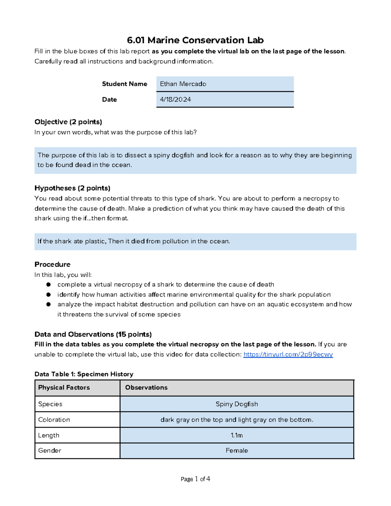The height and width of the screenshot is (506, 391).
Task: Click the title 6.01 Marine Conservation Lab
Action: [195, 40]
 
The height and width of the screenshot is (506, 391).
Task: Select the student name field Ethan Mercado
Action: [225, 84]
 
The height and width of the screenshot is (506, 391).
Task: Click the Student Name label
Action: [124, 84]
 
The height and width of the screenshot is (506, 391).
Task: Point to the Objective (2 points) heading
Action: [68, 122]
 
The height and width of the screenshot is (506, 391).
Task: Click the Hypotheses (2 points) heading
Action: [72, 188]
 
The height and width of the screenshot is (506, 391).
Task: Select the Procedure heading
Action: [52, 264]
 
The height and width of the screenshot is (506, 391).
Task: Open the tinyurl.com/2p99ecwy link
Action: [288, 354]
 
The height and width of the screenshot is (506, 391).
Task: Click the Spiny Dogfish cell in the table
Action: [237, 404]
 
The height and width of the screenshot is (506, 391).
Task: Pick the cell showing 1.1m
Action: [237, 435]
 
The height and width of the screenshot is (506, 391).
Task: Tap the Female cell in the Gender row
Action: [237, 451]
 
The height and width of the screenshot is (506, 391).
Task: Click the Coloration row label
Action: [54, 420]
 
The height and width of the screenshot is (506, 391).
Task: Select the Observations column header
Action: [146, 387]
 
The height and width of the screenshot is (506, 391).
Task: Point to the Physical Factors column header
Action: [64, 387]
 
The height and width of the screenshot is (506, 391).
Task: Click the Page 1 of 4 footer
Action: [195, 479]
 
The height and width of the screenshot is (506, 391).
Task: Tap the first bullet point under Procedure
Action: [49, 284]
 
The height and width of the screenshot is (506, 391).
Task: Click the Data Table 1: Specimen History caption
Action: [84, 374]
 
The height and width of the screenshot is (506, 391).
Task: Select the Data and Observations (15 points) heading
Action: [93, 334]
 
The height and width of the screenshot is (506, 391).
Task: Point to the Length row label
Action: [49, 435]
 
